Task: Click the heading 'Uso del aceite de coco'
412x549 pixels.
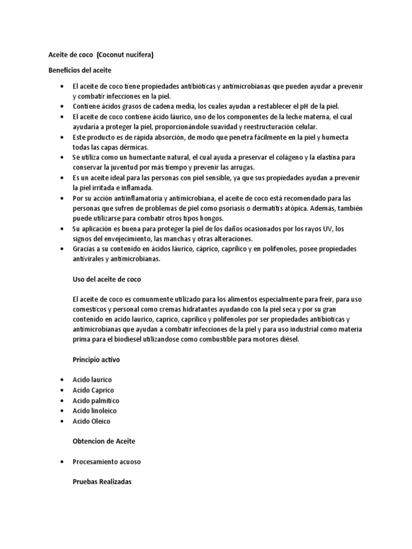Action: click(106, 279)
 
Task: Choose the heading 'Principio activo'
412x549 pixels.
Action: click(96, 360)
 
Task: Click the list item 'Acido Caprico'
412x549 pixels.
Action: click(93, 390)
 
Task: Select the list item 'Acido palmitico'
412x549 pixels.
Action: click(96, 400)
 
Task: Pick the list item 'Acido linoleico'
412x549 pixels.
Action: click(95, 411)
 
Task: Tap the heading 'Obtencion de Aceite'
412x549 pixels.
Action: click(104, 441)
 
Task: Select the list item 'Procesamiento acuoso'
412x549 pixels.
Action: click(107, 462)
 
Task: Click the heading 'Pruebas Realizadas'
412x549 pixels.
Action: click(102, 481)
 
